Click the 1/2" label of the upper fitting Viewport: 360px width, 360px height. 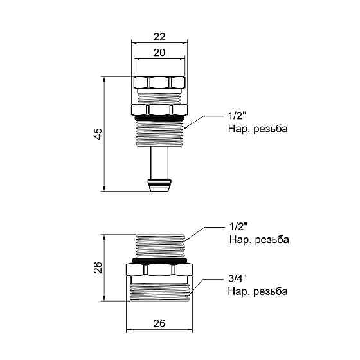pos(237,117)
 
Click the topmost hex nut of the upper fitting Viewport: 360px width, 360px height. pos(159,82)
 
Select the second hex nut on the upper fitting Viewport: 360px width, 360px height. pos(159,109)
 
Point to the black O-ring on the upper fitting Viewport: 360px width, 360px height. pos(159,119)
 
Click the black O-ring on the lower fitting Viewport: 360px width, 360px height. pos(159,261)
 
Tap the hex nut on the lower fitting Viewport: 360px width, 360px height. pos(159,270)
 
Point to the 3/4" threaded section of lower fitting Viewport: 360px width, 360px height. pos(159,291)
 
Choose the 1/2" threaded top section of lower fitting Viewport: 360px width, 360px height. pos(159,245)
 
